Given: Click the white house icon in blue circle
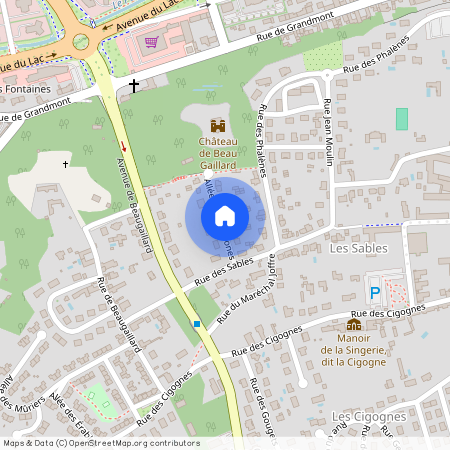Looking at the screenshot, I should pos(225,215).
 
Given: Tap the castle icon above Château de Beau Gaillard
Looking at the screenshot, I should pos(218,126).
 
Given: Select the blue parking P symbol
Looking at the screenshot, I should pos(375,293).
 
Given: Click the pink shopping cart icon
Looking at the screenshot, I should pos(151,42).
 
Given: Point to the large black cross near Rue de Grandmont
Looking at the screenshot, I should pos(134,87).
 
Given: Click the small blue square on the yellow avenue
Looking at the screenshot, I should pos(197,324).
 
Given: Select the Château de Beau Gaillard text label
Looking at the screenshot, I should pos(218,155).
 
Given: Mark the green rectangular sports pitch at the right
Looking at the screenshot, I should pos(402,118).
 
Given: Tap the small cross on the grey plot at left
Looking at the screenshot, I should pos(66,163).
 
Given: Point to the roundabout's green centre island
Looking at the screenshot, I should pos(80,43).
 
